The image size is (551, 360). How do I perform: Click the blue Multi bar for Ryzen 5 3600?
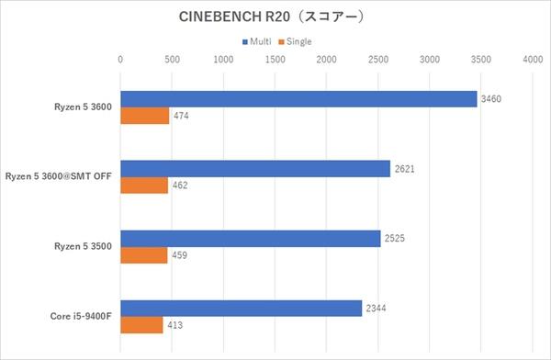(x=298, y=99)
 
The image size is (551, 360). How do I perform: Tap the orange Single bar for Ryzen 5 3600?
(x=145, y=117)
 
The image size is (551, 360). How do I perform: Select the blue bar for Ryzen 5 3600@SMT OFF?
(x=255, y=169)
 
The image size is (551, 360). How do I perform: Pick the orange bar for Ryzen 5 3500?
(x=144, y=256)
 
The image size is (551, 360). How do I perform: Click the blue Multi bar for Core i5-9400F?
(x=242, y=309)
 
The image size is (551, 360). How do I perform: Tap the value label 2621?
(x=406, y=169)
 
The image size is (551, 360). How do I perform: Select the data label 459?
(x=180, y=256)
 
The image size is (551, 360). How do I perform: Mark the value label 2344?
(x=377, y=309)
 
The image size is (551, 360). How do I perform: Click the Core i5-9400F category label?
(x=81, y=317)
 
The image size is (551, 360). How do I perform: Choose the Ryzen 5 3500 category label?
(x=84, y=247)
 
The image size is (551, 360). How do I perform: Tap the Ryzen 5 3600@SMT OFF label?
(x=58, y=177)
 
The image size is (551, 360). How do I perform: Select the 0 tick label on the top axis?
(x=120, y=60)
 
